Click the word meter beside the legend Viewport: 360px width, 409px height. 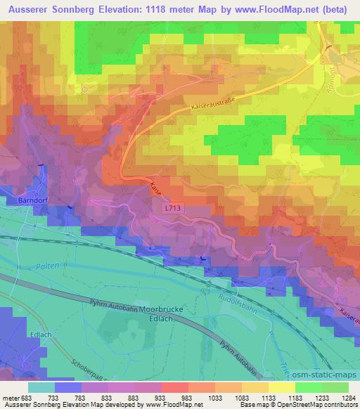11,397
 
